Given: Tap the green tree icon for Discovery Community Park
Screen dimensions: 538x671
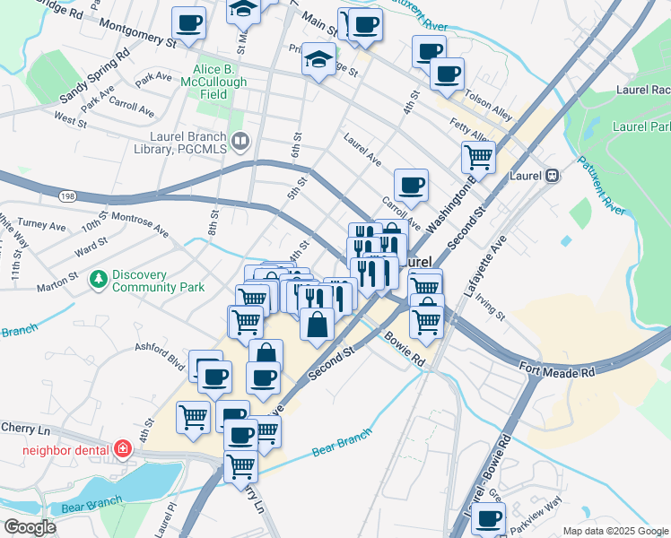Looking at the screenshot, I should point(98,281).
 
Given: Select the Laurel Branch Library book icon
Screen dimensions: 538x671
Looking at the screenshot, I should point(240,141).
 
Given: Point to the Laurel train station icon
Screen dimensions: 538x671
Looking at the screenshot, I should point(553,176).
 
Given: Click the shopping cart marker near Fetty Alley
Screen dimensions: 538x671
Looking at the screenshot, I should point(478,158).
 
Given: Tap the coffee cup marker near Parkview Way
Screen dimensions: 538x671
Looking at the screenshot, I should point(489,517).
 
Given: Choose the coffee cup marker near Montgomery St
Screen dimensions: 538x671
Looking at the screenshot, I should point(188,23).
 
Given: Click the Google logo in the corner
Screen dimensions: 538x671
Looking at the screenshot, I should point(30,527).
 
